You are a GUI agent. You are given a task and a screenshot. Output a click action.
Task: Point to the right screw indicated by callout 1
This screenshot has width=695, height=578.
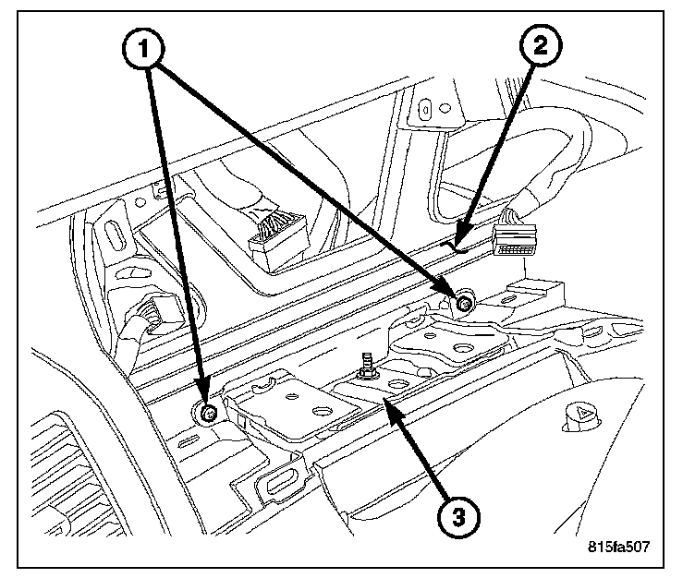click(465, 300)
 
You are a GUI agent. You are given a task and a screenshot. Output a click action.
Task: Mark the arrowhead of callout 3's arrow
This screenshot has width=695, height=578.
click(389, 400)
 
